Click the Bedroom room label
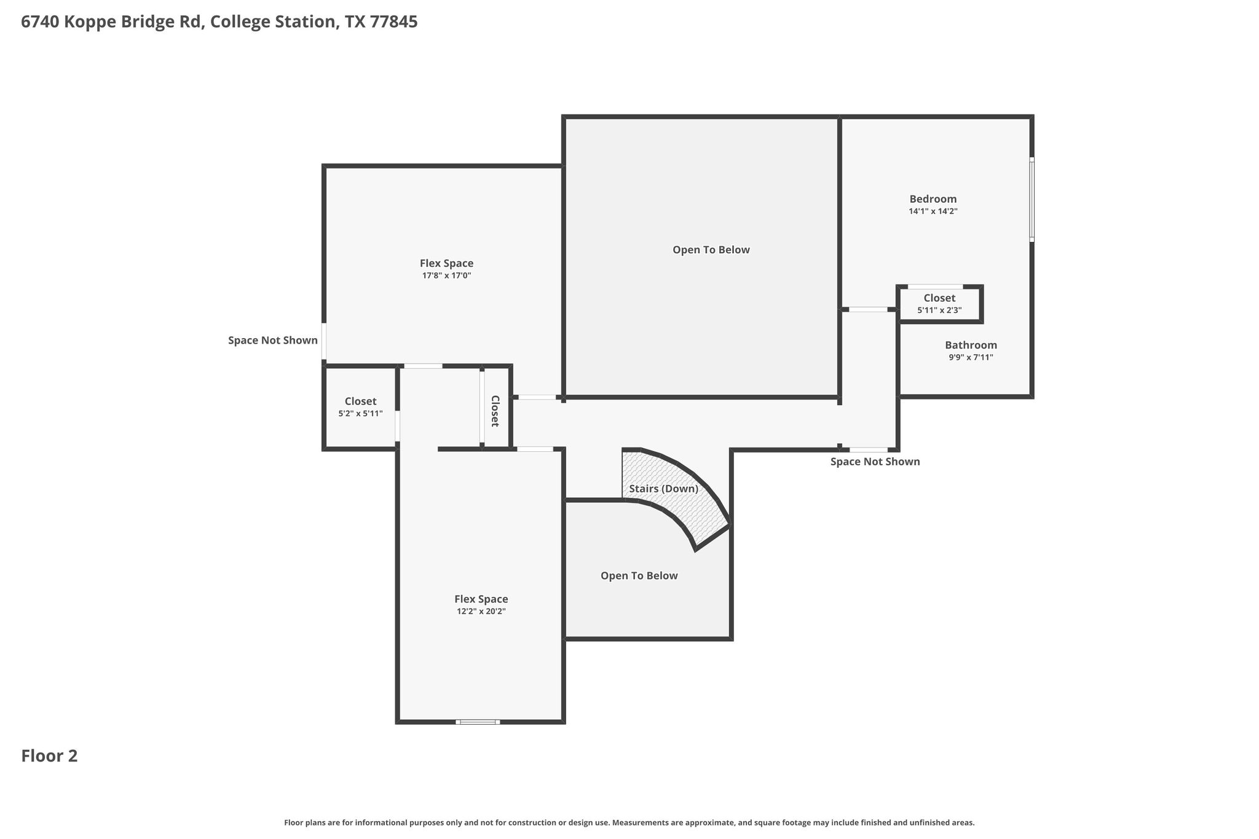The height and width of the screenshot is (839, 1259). [933, 199]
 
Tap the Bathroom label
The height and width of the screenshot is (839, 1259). [971, 345]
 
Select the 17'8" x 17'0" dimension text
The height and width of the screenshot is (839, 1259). [446, 276]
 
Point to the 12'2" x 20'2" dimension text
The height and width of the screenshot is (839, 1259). [481, 612]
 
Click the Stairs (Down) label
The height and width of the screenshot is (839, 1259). [664, 489]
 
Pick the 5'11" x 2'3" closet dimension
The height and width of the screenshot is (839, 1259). [939, 310]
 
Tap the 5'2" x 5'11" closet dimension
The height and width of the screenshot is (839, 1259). [360, 414]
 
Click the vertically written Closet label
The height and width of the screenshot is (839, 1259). [495, 411]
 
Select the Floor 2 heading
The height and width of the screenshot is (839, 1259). [49, 756]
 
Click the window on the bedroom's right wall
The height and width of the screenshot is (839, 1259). [1032, 199]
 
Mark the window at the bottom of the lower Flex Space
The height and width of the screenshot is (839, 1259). [478, 722]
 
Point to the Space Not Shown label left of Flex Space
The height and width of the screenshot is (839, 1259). [273, 341]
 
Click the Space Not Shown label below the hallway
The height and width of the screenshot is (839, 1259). [875, 462]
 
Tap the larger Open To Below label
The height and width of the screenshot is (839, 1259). [711, 250]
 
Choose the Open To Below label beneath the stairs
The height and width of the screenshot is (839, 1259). [639, 576]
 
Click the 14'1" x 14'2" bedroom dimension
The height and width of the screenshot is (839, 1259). [933, 211]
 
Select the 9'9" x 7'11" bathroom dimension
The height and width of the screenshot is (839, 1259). [971, 358]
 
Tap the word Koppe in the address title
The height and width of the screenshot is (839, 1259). [103, 23]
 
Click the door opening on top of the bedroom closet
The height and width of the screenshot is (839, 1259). [935, 286]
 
